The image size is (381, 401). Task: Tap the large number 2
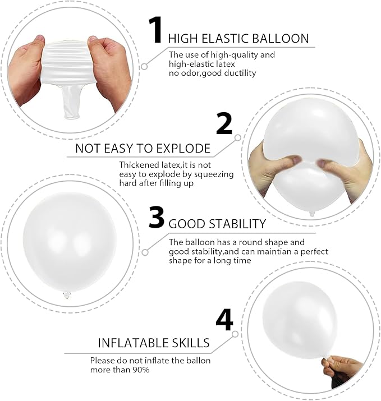[224, 124]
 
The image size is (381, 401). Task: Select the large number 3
[157, 218]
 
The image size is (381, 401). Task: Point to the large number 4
[224, 321]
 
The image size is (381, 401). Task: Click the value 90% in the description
[141, 370]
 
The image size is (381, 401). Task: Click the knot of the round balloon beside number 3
[66, 295]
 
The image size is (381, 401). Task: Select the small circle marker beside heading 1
[144, 66]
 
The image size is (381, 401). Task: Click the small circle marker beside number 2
[238, 136]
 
